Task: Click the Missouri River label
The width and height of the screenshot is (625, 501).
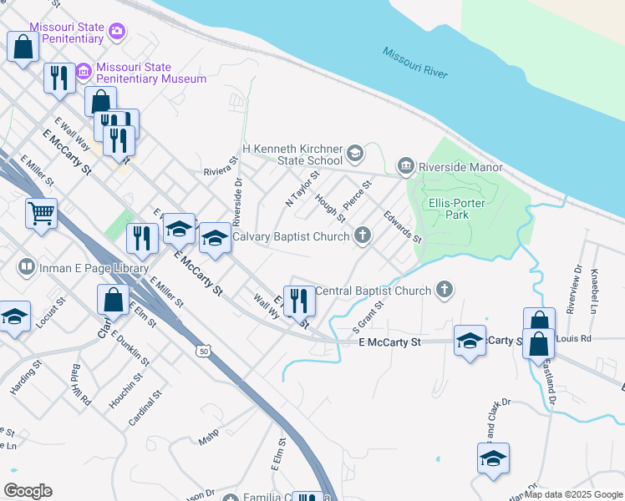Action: click(x=416, y=63)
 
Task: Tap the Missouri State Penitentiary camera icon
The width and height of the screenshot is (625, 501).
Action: click(x=117, y=32)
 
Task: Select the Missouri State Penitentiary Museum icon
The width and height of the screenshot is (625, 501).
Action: click(x=84, y=73)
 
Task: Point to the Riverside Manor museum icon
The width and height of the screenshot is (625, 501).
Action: click(x=406, y=167)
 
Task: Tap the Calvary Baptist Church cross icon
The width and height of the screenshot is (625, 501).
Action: click(x=363, y=236)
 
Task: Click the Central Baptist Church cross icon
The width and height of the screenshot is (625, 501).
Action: click(x=445, y=291)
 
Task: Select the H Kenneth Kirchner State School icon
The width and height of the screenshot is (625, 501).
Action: click(x=355, y=154)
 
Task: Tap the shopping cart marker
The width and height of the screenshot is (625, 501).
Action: click(x=41, y=214)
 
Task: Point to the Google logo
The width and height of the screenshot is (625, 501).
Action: click(x=28, y=490)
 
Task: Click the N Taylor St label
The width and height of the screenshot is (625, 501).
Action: click(x=302, y=190)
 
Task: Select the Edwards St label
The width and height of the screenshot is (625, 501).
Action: click(x=403, y=226)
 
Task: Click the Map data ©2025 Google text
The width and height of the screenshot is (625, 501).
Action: click(x=572, y=494)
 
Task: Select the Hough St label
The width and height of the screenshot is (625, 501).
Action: click(x=330, y=209)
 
